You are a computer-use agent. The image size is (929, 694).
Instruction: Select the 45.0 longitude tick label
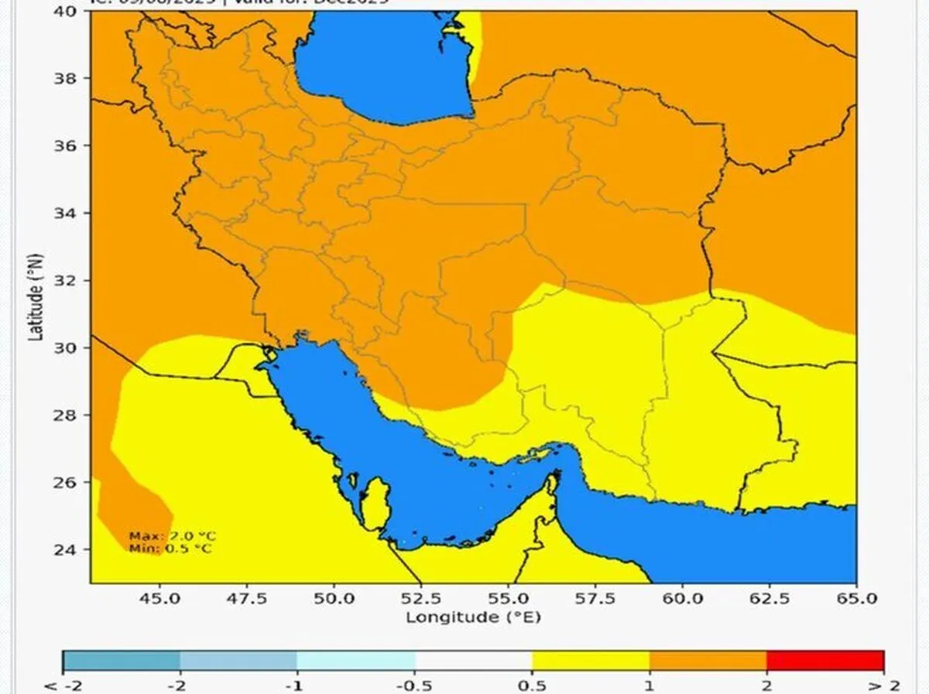160,599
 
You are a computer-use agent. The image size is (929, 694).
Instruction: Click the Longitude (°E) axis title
473,617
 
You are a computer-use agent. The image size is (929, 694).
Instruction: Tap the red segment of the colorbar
824,660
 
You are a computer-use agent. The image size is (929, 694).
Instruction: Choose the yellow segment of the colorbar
590,660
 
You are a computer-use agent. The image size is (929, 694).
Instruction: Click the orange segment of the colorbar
708,660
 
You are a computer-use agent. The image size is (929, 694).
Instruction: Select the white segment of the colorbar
473,660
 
